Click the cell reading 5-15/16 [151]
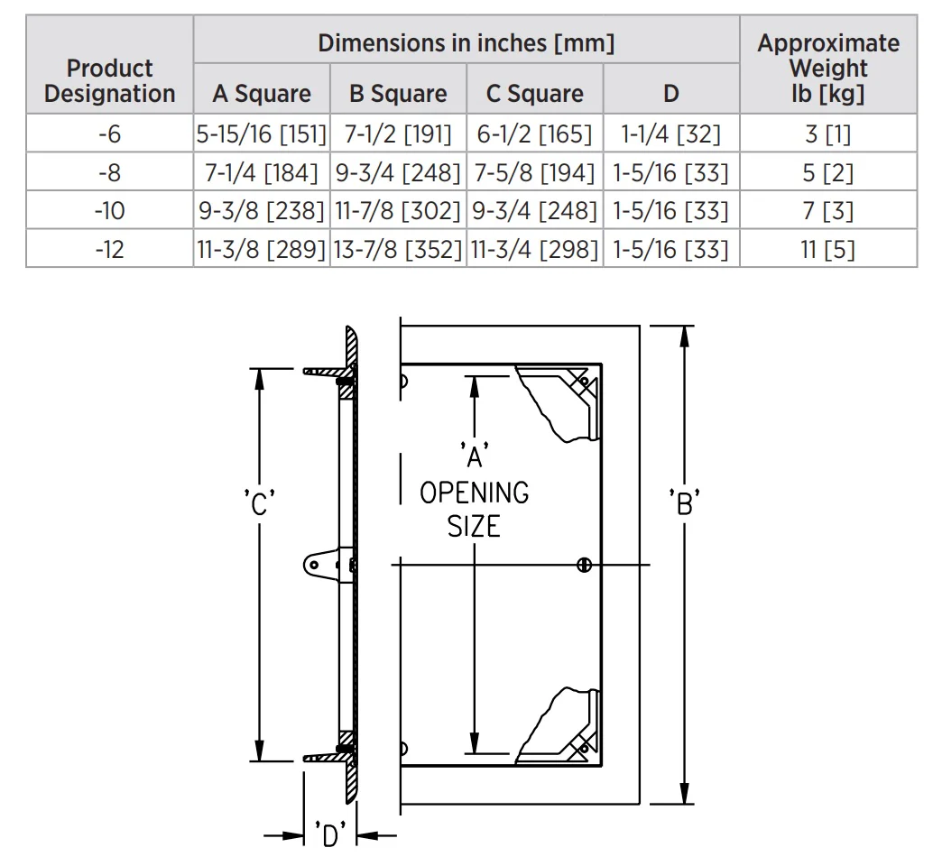(x=262, y=134)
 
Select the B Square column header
(x=398, y=94)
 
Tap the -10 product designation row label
(x=109, y=210)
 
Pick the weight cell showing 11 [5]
(x=827, y=249)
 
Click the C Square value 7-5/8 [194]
(x=534, y=172)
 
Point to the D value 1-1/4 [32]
(x=670, y=134)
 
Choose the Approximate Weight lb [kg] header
(x=828, y=68)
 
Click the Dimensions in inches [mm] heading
(x=466, y=42)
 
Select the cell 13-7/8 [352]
(x=398, y=249)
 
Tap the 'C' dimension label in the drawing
(x=260, y=503)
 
